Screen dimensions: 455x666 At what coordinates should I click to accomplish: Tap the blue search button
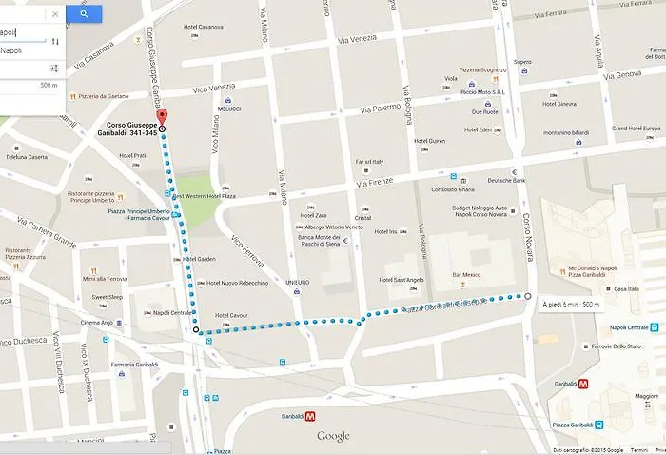(x=84, y=14)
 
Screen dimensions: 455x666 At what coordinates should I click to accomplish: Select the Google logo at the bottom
(x=333, y=436)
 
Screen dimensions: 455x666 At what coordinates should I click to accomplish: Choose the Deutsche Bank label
(x=506, y=180)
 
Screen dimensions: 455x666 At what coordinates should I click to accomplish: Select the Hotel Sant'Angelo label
(x=400, y=280)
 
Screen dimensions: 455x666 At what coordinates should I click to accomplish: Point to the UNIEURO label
(x=297, y=283)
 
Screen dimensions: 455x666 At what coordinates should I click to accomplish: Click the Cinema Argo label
(x=98, y=323)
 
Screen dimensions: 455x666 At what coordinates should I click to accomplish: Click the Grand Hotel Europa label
(x=635, y=128)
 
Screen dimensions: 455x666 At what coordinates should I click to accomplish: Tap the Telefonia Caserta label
(x=27, y=157)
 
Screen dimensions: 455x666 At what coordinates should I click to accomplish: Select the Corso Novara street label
(x=524, y=238)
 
